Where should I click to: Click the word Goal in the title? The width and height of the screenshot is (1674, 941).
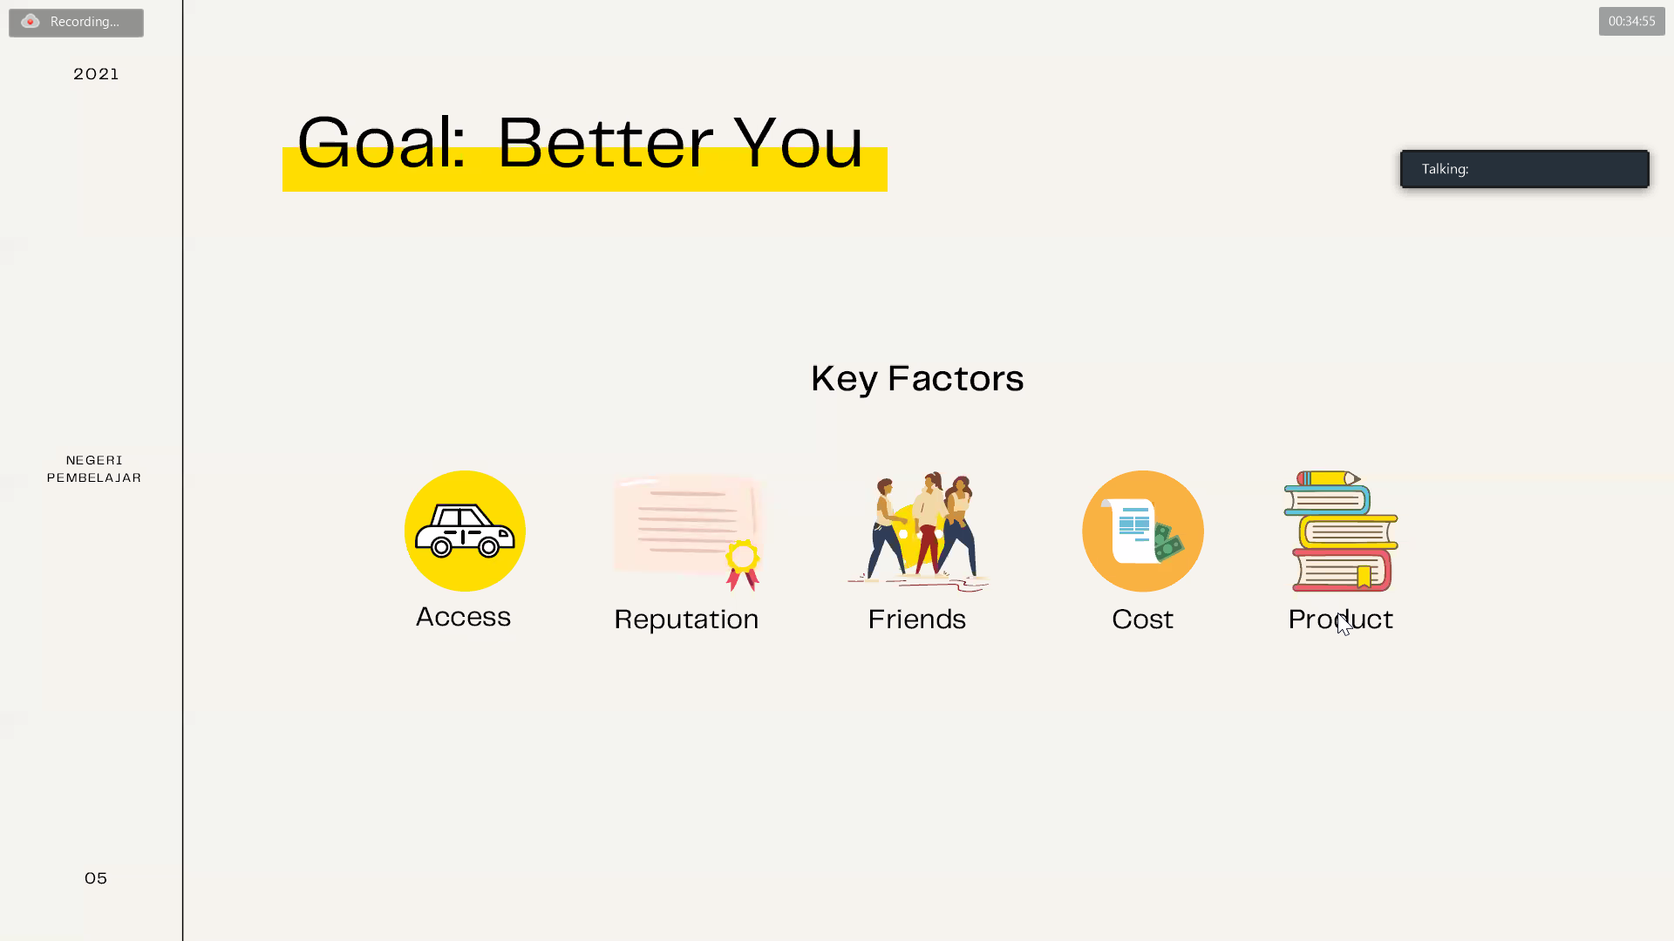381,142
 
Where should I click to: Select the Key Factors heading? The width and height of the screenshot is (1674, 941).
917,378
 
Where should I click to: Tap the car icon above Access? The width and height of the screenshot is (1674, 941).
465,531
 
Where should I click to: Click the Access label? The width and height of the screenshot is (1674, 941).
463,617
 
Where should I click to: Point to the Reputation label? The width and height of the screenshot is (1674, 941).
686,619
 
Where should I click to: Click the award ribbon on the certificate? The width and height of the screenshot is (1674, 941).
743,565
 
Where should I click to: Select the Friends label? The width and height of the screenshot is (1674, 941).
916,619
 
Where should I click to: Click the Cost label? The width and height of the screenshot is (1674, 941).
1142,619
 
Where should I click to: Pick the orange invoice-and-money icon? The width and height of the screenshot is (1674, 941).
1143,531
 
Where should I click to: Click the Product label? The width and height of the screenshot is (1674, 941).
1340,619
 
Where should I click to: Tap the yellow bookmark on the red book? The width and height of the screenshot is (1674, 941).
1364,576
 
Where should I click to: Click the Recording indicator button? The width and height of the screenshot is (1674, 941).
76,23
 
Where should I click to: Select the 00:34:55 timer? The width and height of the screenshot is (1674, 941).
1631,21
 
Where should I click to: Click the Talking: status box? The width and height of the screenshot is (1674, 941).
1524,169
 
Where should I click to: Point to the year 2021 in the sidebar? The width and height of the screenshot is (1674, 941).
96,74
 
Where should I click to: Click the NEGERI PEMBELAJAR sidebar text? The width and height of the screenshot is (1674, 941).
94,469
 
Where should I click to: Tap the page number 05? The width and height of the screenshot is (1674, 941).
96,878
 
